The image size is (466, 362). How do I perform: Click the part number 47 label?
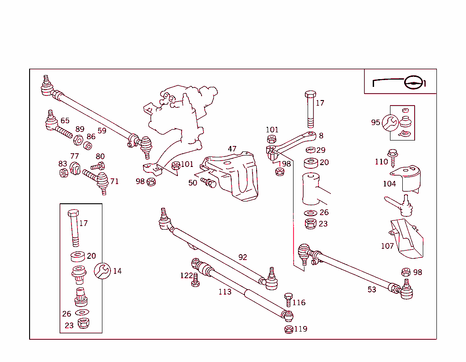coord(232,149)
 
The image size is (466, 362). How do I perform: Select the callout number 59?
coord(102,131)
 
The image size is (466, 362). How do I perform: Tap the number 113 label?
coord(225,292)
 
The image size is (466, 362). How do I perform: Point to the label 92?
coord(243,257)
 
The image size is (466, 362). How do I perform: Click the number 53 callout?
coord(372,290)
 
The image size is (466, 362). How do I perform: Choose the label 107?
coord(387,246)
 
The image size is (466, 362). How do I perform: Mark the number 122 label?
coord(187,276)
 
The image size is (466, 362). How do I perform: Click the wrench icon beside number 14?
coord(102,271)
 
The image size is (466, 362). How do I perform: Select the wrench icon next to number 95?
coord(390,122)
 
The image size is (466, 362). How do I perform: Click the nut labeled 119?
coord(288,329)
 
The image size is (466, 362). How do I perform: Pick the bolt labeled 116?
coord(288,300)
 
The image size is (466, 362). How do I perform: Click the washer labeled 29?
coord(311,150)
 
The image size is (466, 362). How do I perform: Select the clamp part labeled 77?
coord(75,168)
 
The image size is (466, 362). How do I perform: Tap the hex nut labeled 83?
coord(64,173)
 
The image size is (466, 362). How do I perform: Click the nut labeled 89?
coord(78,140)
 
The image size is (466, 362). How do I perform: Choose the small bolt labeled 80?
coord(98,166)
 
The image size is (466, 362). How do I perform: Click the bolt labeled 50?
coord(208,183)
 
